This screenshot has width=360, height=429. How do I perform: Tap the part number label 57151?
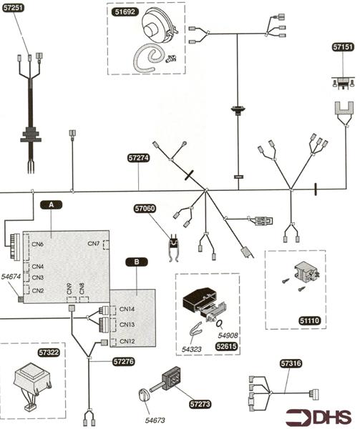click(343, 47)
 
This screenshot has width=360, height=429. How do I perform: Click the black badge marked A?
click(51, 204)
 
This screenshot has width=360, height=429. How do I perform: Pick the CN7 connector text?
click(94, 244)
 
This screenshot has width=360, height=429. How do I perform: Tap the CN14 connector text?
click(127, 309)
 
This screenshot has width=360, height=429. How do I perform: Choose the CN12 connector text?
click(127, 341)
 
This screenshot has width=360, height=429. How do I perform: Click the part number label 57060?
click(145, 209)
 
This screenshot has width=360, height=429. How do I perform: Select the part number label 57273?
click(200, 405)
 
